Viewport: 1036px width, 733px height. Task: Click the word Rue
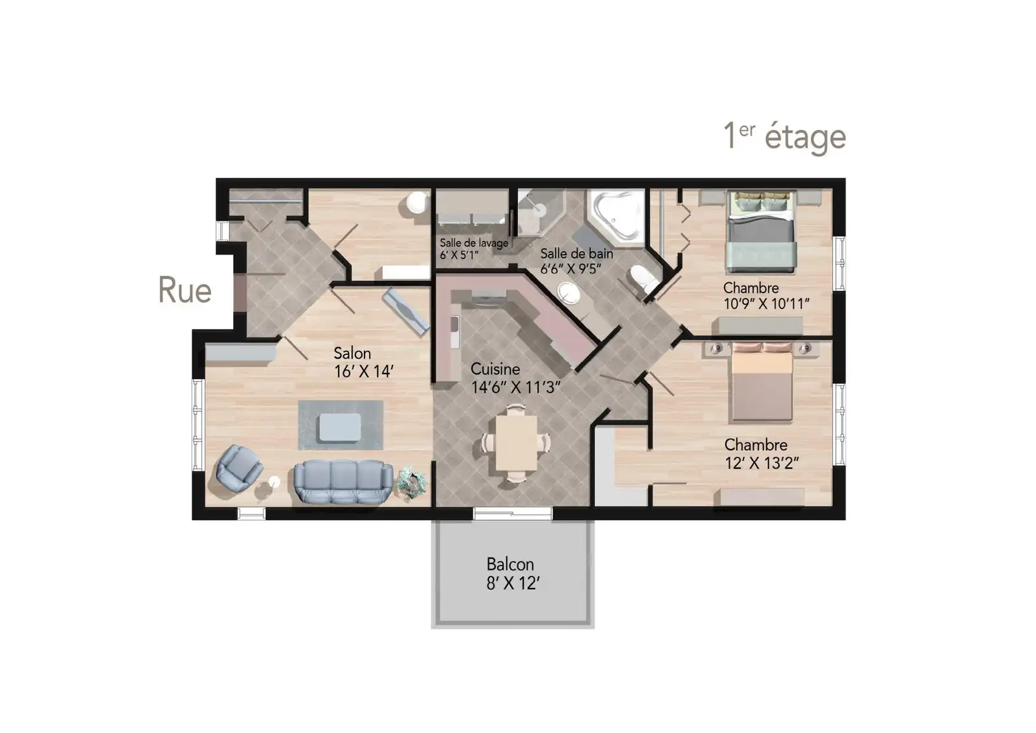(x=185, y=290)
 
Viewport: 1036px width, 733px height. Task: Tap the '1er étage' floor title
(x=785, y=137)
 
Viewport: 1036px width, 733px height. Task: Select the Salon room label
(x=352, y=354)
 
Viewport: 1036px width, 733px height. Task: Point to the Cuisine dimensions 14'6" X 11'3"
(x=515, y=387)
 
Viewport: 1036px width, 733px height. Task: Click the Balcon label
(x=510, y=564)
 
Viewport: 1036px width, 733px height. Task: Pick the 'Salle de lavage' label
(x=473, y=243)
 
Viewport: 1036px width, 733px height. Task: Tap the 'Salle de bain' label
(x=577, y=253)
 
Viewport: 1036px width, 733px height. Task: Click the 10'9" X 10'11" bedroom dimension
(x=767, y=304)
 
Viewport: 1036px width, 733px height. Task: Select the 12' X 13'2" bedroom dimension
(x=761, y=462)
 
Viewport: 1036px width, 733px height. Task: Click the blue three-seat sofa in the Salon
(x=343, y=481)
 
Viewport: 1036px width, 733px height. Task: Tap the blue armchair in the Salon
(x=238, y=468)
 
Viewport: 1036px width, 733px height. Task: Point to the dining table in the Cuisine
(x=516, y=443)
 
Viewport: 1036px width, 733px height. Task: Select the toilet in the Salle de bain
(x=645, y=279)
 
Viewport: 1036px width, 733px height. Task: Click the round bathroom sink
(x=568, y=293)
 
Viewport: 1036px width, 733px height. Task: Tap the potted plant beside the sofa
(x=411, y=482)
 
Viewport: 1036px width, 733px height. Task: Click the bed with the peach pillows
(x=761, y=381)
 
